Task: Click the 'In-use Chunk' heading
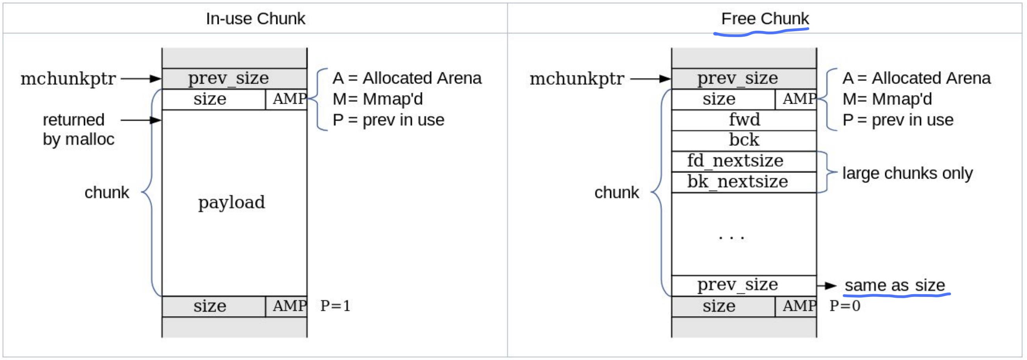[x=255, y=19]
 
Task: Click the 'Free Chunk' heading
[x=765, y=19]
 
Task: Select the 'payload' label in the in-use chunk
[x=231, y=202]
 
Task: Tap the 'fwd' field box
[x=744, y=120]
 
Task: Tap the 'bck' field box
[x=744, y=140]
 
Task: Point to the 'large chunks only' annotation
[x=908, y=173]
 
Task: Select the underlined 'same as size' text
[x=895, y=285]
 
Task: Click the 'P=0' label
[x=845, y=306]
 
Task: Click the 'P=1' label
[x=335, y=306]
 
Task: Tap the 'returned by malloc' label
[x=78, y=129]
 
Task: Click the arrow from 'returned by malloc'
[x=141, y=120]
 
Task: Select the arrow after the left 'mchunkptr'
[x=141, y=78]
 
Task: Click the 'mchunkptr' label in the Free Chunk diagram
[x=577, y=78]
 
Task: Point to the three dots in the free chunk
[x=731, y=238]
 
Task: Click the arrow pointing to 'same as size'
[x=826, y=286]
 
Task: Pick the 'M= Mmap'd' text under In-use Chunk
[x=378, y=99]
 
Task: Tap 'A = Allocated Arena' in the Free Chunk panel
[x=916, y=78]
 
